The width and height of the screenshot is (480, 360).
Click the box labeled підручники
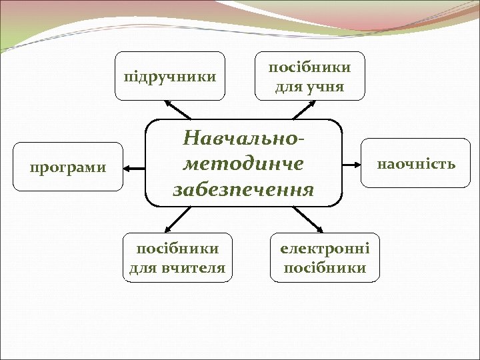(x=170, y=75)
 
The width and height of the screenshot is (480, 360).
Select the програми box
(x=68, y=167)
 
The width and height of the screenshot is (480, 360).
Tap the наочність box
(x=416, y=163)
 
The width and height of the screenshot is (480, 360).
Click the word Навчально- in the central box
(x=243, y=139)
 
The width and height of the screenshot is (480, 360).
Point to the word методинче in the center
(x=243, y=164)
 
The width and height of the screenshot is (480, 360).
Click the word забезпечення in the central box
(x=243, y=189)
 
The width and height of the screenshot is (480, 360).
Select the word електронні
(x=325, y=248)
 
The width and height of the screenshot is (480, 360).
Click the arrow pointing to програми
(x=136, y=167)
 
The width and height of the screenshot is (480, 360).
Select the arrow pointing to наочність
(x=351, y=163)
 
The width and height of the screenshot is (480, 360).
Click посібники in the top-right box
(x=309, y=67)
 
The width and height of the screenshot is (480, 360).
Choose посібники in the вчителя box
(x=177, y=249)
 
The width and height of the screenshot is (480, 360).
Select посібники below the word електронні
(x=325, y=268)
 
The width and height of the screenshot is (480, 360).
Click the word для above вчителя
(x=141, y=268)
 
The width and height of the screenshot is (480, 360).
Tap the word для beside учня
(x=289, y=87)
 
